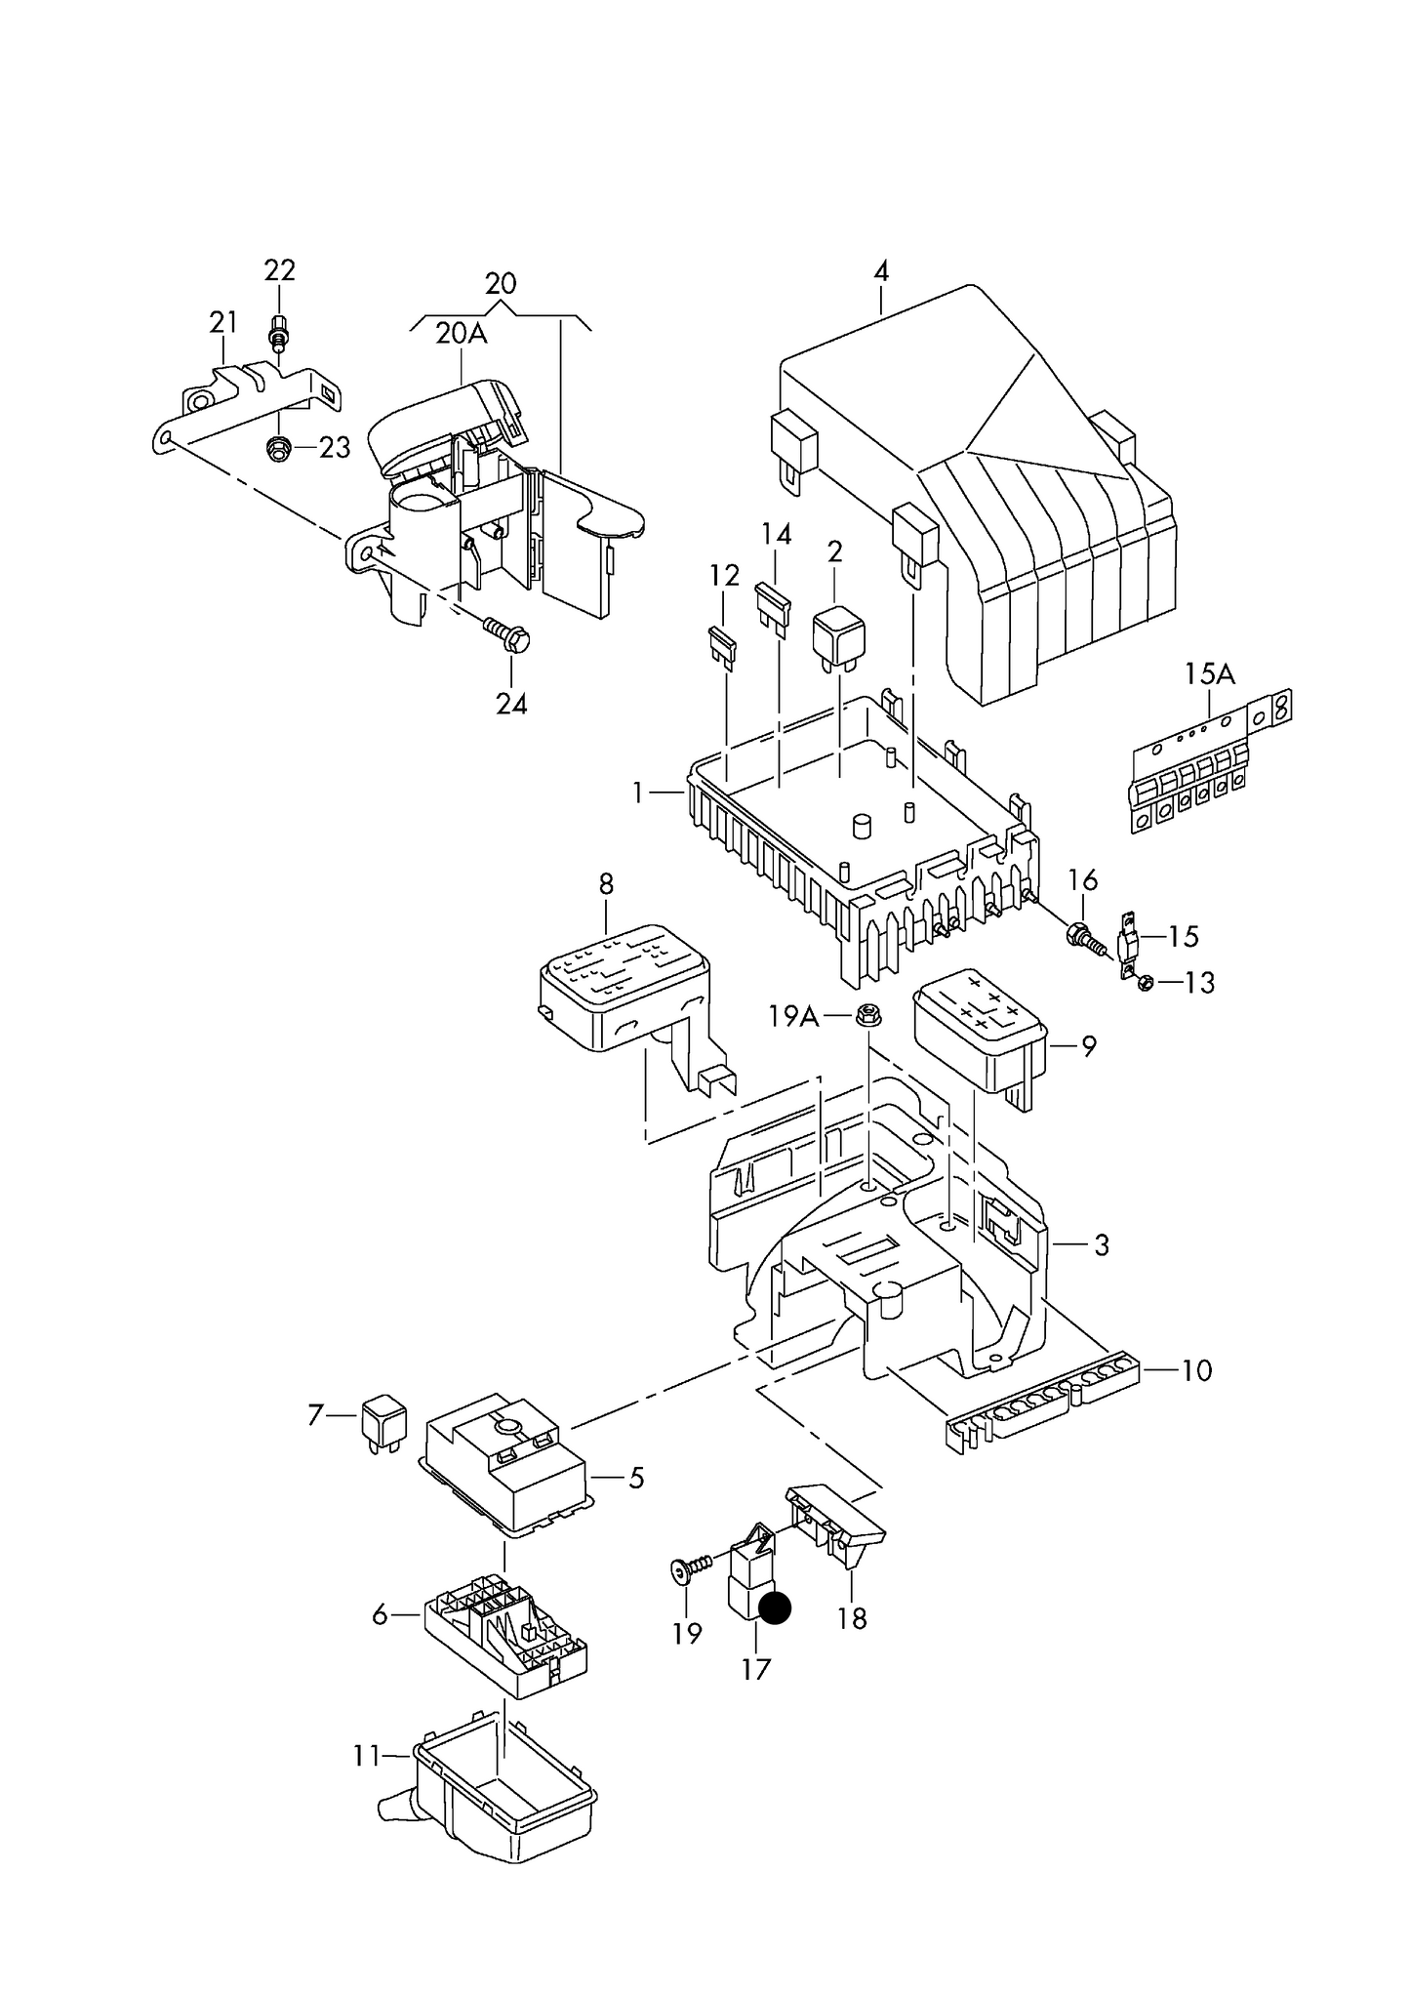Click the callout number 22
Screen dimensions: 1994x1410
279,269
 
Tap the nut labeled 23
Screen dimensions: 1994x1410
277,449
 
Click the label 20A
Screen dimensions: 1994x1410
461,334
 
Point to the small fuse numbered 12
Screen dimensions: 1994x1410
723,646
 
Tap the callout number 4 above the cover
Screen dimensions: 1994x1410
881,270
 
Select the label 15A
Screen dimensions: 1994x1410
1209,673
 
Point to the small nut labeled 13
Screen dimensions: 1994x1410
1147,983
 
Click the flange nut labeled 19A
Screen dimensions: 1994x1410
865,1016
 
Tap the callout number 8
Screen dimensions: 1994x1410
606,884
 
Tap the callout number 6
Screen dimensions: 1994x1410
381,1615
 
